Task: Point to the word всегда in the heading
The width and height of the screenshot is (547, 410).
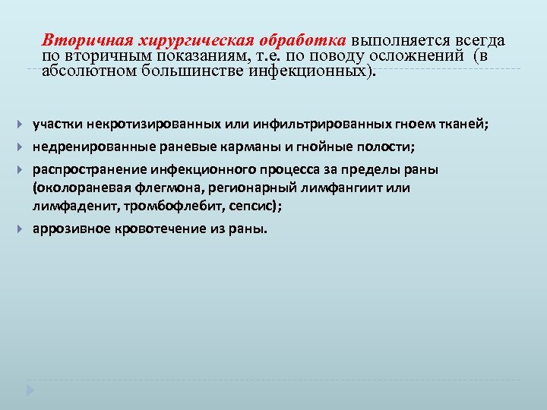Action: click(480, 40)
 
